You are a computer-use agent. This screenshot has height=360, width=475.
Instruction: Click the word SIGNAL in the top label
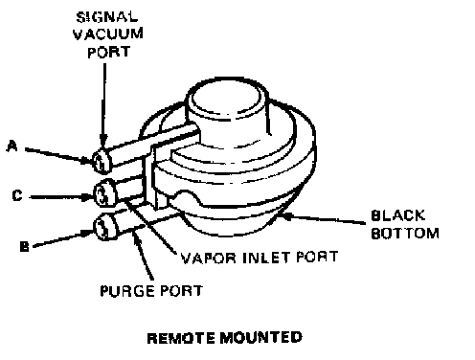click(x=107, y=17)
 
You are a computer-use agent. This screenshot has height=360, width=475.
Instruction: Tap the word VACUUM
click(x=108, y=34)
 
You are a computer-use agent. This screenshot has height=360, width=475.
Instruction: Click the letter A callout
click(x=12, y=146)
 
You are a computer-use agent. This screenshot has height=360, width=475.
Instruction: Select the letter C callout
click(x=17, y=195)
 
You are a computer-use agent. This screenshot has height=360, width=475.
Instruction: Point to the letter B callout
click(x=24, y=246)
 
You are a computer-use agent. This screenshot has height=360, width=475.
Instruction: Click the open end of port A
click(x=102, y=162)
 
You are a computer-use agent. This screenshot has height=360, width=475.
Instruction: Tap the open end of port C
click(x=102, y=194)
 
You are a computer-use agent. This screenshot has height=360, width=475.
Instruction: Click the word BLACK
click(x=398, y=215)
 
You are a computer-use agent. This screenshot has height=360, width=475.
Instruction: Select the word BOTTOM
click(x=405, y=234)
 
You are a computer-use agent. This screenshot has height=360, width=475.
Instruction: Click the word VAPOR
click(x=209, y=258)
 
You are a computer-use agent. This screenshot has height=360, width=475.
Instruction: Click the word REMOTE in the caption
click(x=181, y=338)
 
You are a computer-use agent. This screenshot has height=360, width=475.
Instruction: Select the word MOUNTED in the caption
click(x=260, y=337)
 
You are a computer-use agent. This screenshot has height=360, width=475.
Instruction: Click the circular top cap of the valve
click(x=227, y=98)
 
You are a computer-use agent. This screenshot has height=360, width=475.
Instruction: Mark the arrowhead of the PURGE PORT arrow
click(x=136, y=236)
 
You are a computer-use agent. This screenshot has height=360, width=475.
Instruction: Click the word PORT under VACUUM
click(x=108, y=53)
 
